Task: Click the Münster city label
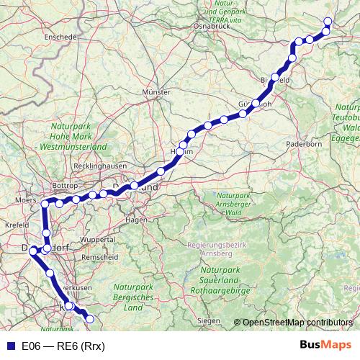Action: tap(156, 93)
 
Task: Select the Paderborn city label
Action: tap(305, 144)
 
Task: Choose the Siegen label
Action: tap(208, 319)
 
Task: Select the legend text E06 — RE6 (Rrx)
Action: tap(63, 346)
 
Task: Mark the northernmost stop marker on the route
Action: tap(328, 22)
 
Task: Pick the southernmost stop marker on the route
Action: tap(90, 319)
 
